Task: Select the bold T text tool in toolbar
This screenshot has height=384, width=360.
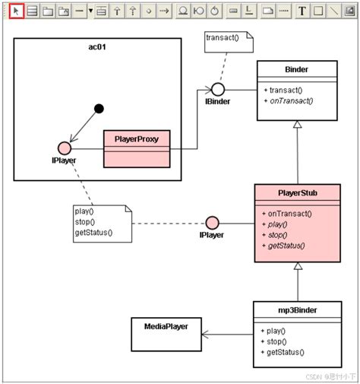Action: click(x=302, y=11)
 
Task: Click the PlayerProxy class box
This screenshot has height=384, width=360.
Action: click(x=137, y=140)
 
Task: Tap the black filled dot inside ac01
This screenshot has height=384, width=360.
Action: click(x=98, y=108)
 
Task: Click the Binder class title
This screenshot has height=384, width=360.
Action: click(x=297, y=68)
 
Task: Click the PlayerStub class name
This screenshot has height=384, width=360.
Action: click(x=298, y=193)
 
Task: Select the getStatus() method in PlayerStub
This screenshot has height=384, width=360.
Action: click(x=286, y=245)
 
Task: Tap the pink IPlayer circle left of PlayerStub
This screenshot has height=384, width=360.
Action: click(x=213, y=224)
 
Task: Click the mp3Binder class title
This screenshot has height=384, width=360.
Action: click(x=297, y=311)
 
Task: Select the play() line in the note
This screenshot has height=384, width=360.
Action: click(x=84, y=211)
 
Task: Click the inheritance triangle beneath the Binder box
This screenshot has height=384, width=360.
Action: click(x=298, y=122)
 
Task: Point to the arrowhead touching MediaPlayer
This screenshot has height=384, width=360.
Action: click(x=205, y=333)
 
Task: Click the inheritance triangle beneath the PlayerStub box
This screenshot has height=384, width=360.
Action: click(x=298, y=267)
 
